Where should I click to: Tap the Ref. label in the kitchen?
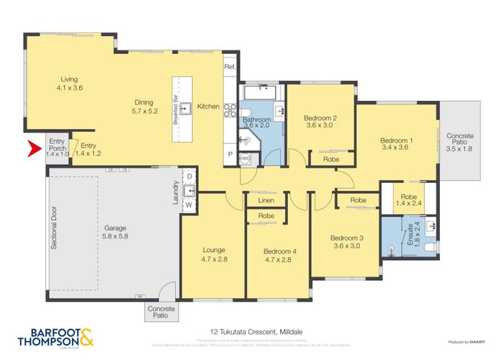point(230,67)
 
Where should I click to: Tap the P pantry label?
point(230,153)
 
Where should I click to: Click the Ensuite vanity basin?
point(431,227)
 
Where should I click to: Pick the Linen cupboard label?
point(257,199)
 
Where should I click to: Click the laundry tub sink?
point(189,191)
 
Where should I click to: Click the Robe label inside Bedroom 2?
point(331,159)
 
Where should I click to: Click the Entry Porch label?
point(57,145)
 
